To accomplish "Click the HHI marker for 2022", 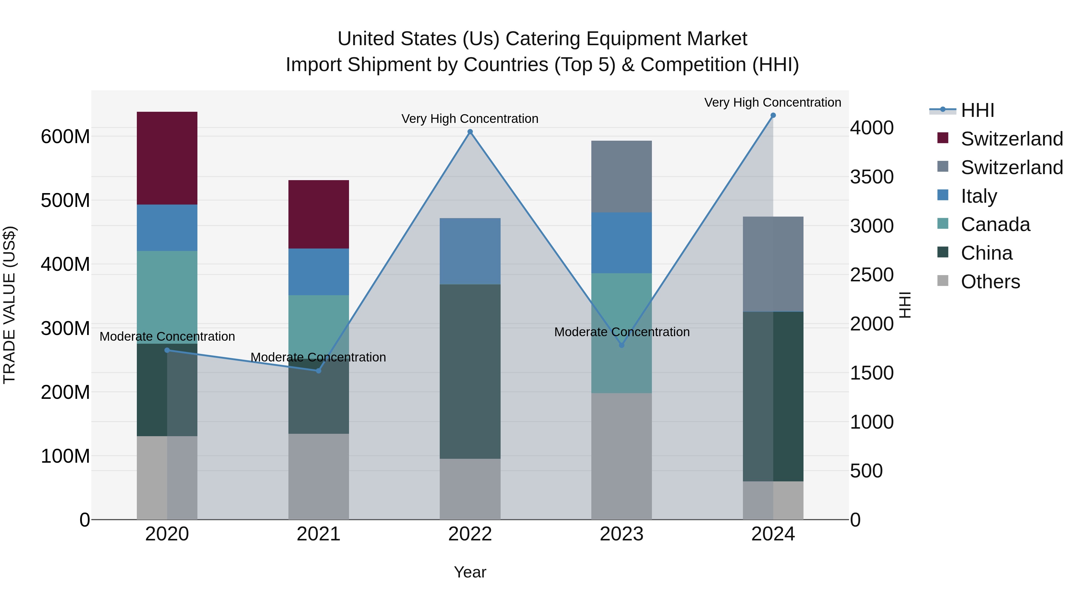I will click(x=470, y=132).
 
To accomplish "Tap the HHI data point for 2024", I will click(x=773, y=115).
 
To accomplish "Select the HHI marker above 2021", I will click(x=319, y=371).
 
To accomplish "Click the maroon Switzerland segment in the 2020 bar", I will click(x=167, y=158).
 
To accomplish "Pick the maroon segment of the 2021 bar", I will click(x=319, y=214).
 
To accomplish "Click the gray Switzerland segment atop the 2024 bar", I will click(x=773, y=264).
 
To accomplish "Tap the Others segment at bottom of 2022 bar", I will click(x=470, y=489).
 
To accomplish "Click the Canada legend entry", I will click(x=995, y=224).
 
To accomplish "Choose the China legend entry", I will click(x=986, y=253).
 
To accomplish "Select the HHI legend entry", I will click(x=977, y=110).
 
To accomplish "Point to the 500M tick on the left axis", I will click(x=65, y=200).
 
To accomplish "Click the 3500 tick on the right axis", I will click(x=871, y=177).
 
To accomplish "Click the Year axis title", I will click(x=470, y=572).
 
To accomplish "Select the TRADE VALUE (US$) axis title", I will click(x=9, y=305).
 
